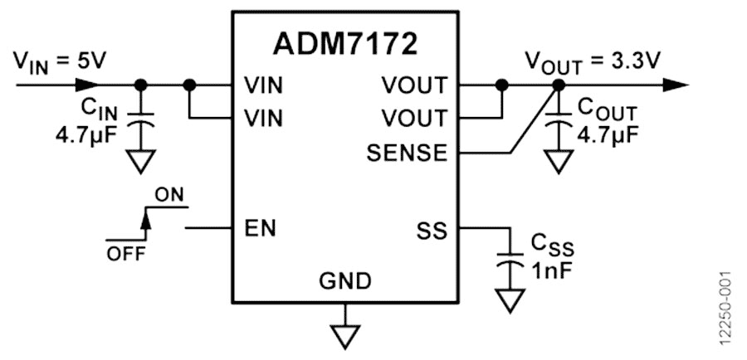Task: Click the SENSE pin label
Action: (x=409, y=153)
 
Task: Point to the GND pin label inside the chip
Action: (x=345, y=281)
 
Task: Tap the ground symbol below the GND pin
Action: (x=344, y=335)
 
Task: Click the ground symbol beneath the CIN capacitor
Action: (x=140, y=161)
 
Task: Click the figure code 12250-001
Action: (x=725, y=308)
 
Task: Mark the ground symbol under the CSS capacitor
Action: (x=508, y=299)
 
